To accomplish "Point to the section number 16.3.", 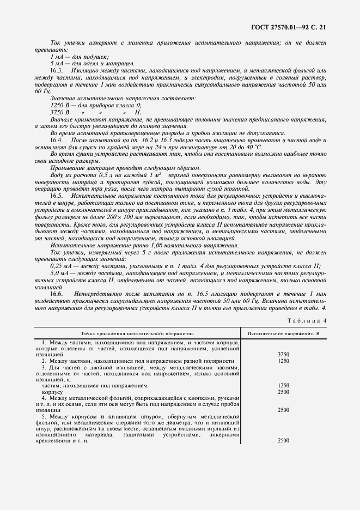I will [57, 71].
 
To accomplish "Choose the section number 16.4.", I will [57, 140].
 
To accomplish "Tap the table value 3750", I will [283, 354].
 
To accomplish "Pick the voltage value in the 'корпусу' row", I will [283, 392].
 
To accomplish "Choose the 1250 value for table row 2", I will [283, 361].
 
